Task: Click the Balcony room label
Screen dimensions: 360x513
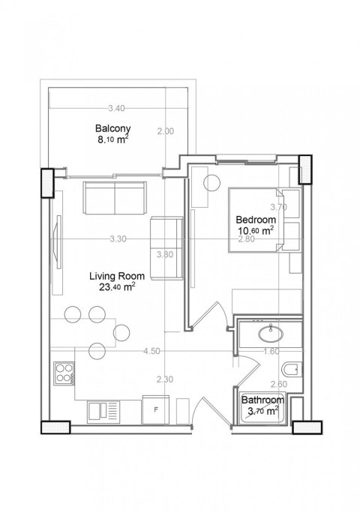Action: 113,128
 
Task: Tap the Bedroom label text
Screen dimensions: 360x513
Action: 256,219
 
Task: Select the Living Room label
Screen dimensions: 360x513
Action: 117,276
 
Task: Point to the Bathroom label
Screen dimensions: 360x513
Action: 262,400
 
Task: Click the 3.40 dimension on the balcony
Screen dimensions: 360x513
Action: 116,108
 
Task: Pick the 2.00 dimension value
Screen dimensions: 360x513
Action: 166,131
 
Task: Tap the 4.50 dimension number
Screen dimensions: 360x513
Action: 151,351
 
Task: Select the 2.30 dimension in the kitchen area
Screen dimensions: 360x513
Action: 164,379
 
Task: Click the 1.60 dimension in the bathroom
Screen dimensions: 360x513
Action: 271,351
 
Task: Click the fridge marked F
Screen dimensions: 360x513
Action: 156,409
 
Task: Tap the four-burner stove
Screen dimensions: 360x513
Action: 64,373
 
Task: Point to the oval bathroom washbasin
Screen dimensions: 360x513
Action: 271,334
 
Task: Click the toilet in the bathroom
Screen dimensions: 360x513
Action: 291,370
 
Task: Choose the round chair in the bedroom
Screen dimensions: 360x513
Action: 211,182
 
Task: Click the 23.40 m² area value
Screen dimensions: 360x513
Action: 117,287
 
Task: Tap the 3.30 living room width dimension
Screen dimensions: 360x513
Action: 118,238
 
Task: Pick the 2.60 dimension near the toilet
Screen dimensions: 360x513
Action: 279,384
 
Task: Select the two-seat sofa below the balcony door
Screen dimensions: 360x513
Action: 115,198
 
